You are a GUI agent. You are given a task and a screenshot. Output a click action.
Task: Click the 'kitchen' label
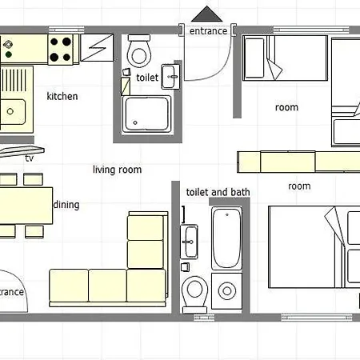[x=62, y=96]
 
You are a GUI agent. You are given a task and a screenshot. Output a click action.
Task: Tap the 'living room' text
[x=117, y=170]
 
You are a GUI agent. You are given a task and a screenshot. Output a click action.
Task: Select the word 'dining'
[x=66, y=205]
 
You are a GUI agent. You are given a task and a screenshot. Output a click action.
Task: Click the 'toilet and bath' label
[x=218, y=192]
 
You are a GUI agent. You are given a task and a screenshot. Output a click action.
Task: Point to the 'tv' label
[x=30, y=158]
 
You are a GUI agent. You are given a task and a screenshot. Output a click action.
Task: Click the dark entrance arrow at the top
[x=206, y=14]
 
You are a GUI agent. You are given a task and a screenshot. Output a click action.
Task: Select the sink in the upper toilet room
[x=170, y=77]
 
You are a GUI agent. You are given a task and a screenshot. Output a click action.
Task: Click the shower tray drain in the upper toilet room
[x=135, y=122]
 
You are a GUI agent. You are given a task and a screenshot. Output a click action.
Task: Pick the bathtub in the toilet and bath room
[x=226, y=238]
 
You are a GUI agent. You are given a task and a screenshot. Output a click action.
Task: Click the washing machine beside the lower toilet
[x=226, y=290]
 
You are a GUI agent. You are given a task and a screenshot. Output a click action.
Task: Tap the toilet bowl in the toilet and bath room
[x=194, y=294]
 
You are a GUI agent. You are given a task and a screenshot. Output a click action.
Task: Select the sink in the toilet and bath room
[x=189, y=242]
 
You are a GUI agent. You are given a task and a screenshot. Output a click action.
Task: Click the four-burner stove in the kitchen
[x=61, y=50]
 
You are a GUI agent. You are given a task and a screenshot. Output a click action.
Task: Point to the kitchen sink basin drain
[x=10, y=111]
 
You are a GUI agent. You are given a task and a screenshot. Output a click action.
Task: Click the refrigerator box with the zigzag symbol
[x=97, y=48]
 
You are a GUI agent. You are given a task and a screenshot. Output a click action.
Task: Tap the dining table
[x=26, y=206]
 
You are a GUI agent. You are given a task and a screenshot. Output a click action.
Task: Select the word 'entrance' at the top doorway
[x=208, y=31]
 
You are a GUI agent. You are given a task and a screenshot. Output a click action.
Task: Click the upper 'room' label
[x=286, y=107]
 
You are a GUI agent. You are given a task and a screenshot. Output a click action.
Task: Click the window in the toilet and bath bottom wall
[x=204, y=318]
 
